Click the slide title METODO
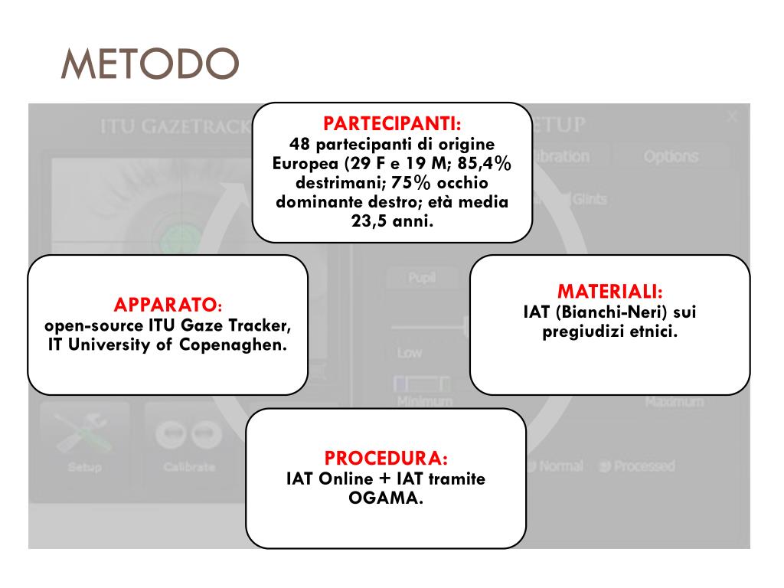click(149, 65)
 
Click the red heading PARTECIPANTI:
click(392, 123)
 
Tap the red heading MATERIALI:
click(609, 292)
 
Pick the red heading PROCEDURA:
click(386, 459)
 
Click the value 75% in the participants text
click(415, 184)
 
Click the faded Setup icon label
click(84, 466)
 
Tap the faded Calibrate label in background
click(189, 466)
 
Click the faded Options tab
click(671, 156)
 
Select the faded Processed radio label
click(642, 465)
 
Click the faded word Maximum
click(673, 401)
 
